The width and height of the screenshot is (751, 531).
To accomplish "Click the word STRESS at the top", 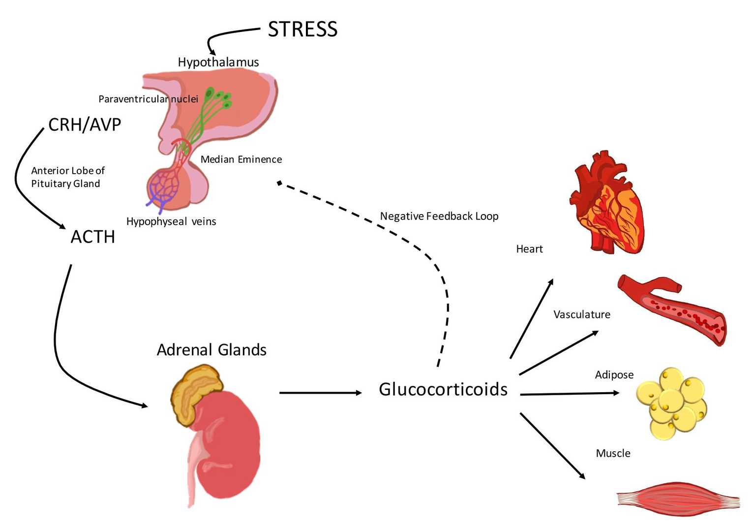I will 302,30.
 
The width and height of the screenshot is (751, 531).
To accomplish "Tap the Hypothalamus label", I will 218,62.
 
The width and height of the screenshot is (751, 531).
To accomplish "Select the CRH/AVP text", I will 85,125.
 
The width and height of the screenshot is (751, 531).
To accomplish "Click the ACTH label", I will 93,237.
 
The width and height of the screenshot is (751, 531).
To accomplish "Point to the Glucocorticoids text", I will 443,389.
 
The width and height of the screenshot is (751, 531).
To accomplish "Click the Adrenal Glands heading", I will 211,350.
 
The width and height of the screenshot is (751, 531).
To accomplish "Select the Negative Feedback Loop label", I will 439,216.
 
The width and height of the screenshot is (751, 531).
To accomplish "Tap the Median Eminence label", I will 241,159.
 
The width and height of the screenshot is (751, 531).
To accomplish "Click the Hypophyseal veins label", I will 171,221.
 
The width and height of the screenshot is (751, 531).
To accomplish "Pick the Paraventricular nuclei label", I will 148,99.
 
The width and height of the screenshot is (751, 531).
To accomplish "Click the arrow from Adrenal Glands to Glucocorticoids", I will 320,393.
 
